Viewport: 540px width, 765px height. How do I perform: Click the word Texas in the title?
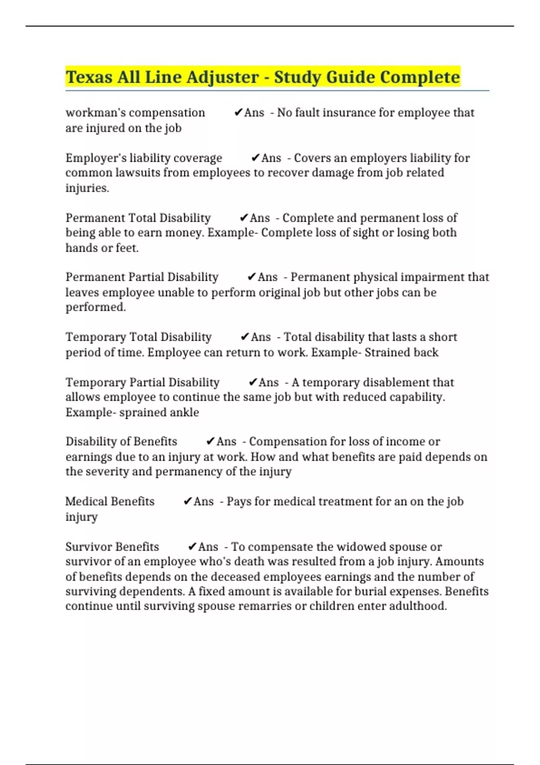click(89, 77)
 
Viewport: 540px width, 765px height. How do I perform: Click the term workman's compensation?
click(135, 112)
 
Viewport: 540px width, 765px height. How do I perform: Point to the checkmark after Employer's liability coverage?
click(255, 158)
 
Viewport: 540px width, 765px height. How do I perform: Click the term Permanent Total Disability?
click(138, 218)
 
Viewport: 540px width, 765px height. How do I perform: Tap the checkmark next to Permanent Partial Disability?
click(252, 277)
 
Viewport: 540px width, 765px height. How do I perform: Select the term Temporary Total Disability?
click(139, 337)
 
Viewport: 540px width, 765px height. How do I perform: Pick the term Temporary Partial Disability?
click(143, 382)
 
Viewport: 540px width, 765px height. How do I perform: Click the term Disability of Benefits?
click(121, 441)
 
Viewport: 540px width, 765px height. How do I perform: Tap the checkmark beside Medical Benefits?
click(188, 501)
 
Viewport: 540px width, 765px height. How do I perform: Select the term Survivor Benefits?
click(112, 547)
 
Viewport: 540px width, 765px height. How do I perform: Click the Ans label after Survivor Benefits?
click(208, 547)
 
